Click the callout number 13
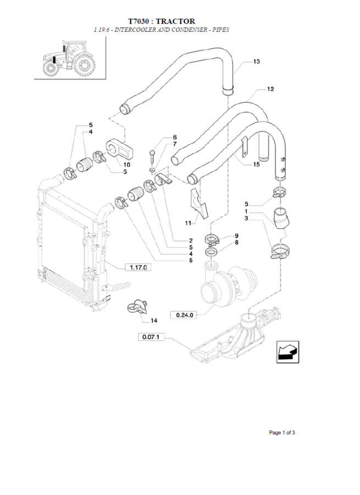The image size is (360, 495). [x=257, y=61]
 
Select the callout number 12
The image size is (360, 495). [x=270, y=89]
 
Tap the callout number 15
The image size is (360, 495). [x=256, y=164]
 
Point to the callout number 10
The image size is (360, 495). [x=126, y=164]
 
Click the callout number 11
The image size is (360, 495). [x=188, y=223]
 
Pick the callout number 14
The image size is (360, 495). [x=154, y=321]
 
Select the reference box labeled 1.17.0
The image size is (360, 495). [x=138, y=268]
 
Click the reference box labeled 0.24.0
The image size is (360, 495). [x=184, y=315]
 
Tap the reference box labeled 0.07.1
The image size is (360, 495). [x=151, y=337]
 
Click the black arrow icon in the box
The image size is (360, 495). [x=287, y=353]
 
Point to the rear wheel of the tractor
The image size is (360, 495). [x=84, y=65]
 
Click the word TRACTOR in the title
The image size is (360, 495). [x=175, y=21]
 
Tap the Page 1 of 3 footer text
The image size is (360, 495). [x=282, y=432]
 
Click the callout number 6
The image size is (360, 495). [x=175, y=137]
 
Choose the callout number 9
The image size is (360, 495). [x=237, y=236]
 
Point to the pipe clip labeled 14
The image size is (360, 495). [x=137, y=306]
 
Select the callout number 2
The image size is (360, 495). [x=191, y=240]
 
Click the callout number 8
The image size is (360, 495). [x=237, y=243]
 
